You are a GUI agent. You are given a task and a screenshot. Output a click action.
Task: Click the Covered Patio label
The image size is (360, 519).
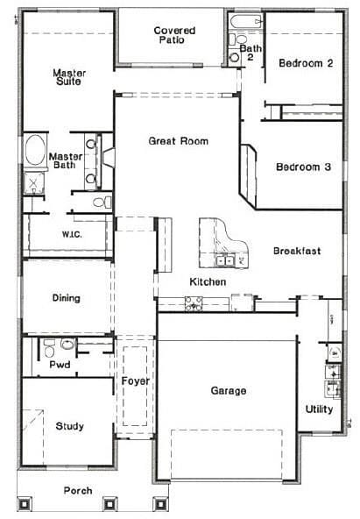(x=174, y=36)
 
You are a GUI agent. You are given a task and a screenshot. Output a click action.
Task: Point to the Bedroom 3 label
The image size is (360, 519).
(x=302, y=167)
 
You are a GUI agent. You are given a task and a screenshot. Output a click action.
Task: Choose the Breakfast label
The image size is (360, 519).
(x=296, y=251)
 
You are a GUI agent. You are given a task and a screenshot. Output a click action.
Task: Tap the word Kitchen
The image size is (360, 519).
(x=208, y=281)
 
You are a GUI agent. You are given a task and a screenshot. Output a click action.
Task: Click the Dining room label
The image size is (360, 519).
(x=66, y=298)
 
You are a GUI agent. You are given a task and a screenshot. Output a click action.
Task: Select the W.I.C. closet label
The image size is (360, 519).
(x=72, y=234)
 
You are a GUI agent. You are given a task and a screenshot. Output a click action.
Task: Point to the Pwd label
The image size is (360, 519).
(x=60, y=364)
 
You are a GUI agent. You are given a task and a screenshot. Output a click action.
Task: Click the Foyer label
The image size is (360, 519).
(x=135, y=381)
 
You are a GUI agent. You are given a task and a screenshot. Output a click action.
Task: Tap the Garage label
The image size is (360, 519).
(x=228, y=390)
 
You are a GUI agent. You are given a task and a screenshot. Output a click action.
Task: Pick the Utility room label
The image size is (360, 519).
(x=319, y=409)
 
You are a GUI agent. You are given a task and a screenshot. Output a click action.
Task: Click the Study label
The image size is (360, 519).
(x=69, y=426)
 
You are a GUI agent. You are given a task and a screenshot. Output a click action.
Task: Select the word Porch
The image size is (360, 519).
(x=77, y=491)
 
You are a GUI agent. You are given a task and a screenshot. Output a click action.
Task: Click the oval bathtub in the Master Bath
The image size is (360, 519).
(x=36, y=151)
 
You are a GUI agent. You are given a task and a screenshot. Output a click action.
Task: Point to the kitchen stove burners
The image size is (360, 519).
(x=194, y=303)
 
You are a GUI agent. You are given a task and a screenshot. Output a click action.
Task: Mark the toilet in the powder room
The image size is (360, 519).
(x=67, y=345)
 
